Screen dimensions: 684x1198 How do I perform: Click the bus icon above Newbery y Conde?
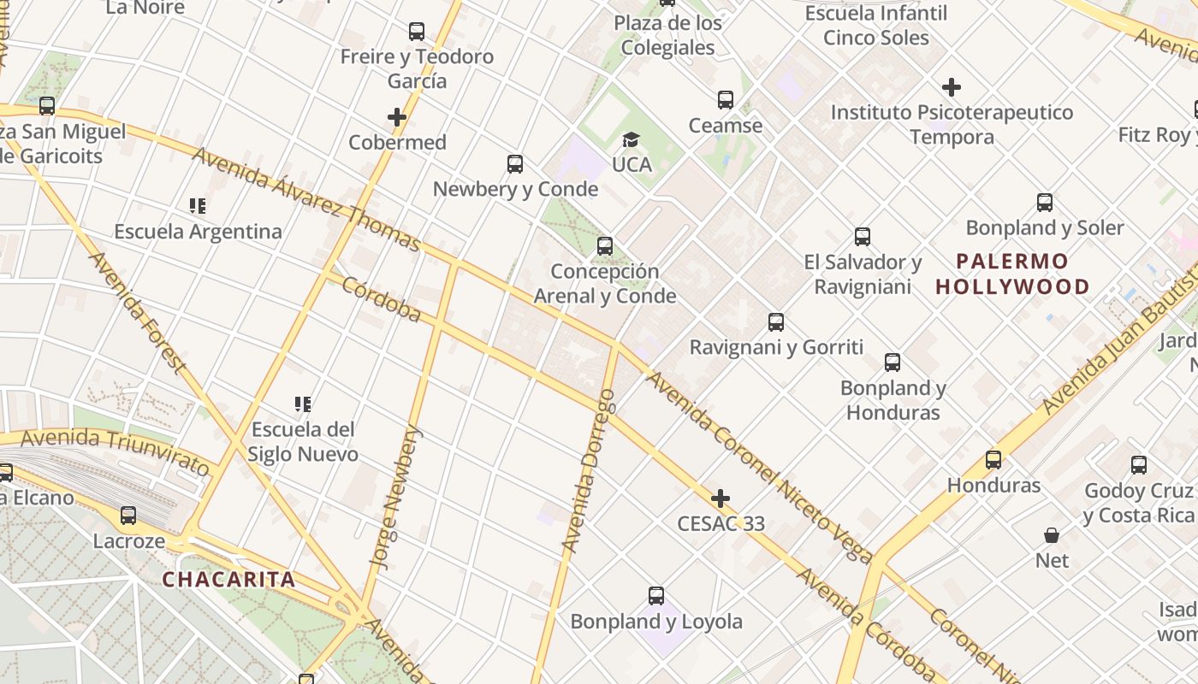[515, 164]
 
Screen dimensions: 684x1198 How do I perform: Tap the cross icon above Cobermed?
[397, 117]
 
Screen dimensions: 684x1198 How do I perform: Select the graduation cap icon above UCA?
[631, 139]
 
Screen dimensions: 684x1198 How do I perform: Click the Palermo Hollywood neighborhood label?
[1012, 274]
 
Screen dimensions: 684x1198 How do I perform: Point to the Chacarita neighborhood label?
[229, 580]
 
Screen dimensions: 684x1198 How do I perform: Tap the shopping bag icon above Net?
[1052, 535]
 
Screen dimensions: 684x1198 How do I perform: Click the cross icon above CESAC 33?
[721, 498]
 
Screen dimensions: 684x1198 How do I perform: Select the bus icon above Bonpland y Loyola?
[656, 596]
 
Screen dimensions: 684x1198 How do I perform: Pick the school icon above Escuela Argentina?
[198, 206]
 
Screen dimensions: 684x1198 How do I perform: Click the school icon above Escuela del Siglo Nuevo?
[302, 404]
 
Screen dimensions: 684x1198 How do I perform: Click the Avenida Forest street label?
[137, 313]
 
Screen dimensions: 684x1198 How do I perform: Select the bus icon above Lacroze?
[128, 516]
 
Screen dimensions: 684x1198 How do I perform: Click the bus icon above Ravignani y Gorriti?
[776, 322]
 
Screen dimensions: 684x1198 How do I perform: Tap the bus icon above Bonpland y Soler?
[1045, 203]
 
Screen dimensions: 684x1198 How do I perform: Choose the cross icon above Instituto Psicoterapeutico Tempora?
[952, 87]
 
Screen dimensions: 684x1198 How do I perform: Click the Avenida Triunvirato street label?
[116, 451]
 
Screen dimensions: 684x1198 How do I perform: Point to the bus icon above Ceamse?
[726, 100]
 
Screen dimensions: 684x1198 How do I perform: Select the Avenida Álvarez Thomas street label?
[306, 200]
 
